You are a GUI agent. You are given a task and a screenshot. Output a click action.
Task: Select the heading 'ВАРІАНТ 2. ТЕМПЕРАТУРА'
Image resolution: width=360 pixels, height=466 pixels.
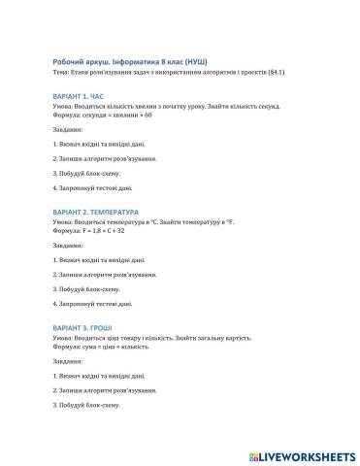[103, 212]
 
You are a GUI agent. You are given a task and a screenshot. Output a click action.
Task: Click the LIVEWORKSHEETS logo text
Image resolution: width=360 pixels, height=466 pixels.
[306, 454]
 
